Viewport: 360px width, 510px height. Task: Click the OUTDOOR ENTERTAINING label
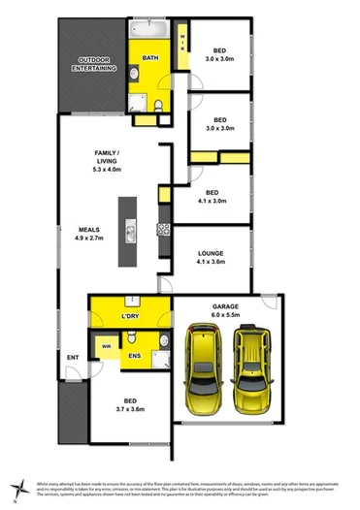[x=96, y=66]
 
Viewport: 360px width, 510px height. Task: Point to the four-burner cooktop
[x=163, y=230]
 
